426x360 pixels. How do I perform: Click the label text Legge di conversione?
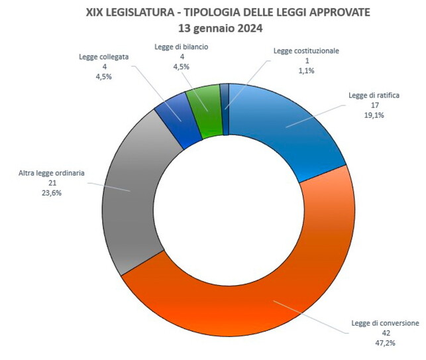(385, 323)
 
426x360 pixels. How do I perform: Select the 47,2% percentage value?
(385, 342)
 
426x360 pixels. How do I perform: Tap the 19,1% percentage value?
(374, 115)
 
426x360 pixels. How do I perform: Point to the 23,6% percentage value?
(50, 194)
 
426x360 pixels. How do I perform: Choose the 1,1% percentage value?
(307, 70)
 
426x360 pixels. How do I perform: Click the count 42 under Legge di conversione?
(385, 333)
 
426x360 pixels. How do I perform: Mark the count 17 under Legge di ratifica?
(374, 105)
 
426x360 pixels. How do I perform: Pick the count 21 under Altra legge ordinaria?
(50, 184)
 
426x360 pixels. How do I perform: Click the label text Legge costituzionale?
(307, 50)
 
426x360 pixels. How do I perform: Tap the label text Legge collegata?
(103, 57)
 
